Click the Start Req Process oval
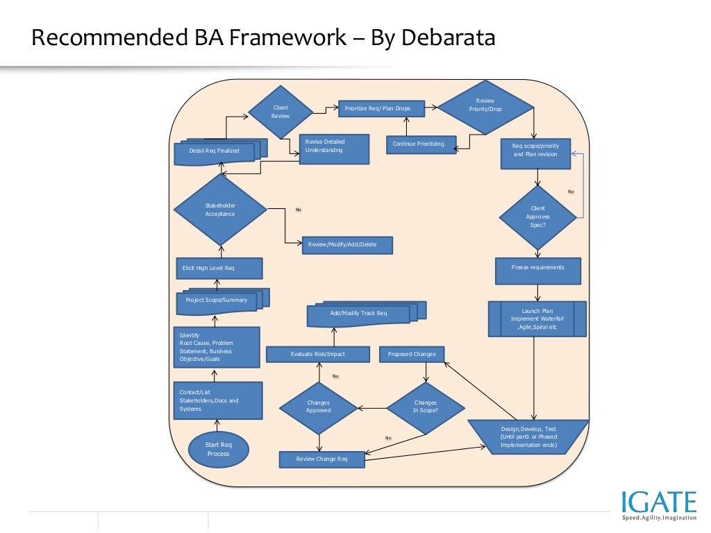click(217, 449)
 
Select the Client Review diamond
click(281, 112)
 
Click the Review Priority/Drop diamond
click(485, 106)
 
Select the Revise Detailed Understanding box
click(333, 148)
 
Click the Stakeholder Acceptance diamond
click(220, 210)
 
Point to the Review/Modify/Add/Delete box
click(347, 245)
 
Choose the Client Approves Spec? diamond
click(537, 217)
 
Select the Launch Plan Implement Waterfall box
click(537, 319)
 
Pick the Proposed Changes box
click(412, 355)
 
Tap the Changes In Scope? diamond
click(425, 407)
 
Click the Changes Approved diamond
click(318, 407)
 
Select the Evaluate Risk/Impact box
click(317, 355)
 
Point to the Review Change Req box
click(321, 459)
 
